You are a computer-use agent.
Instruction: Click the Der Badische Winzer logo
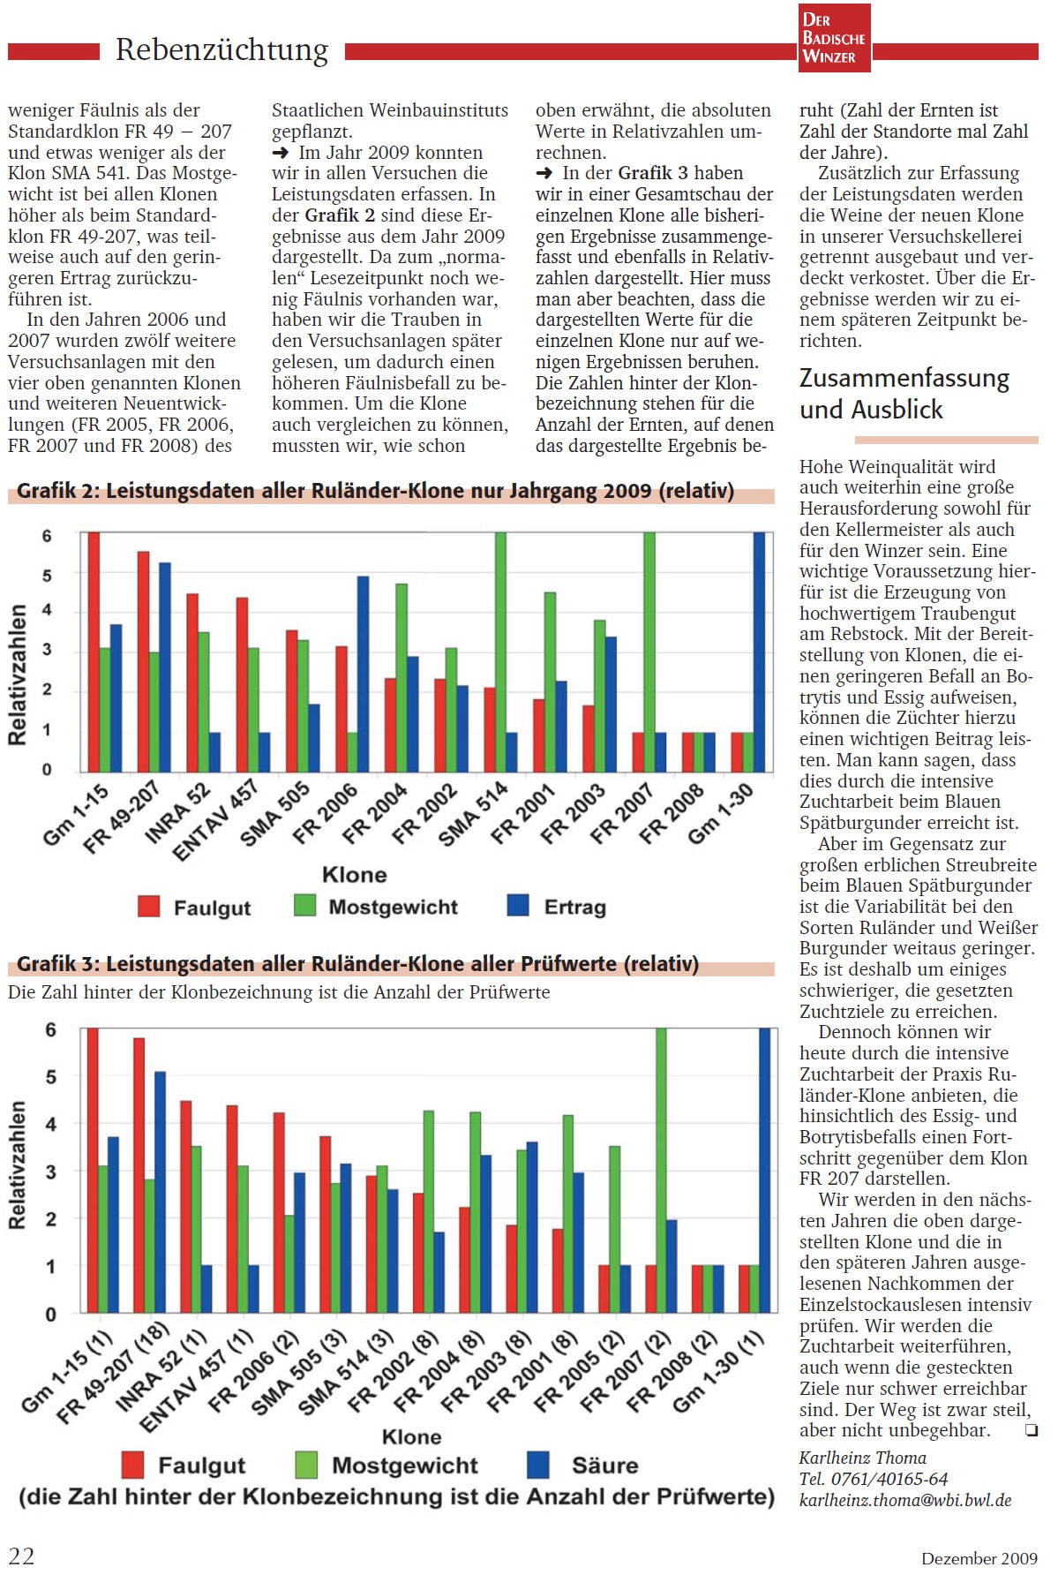click(833, 38)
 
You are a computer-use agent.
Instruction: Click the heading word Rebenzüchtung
click(221, 49)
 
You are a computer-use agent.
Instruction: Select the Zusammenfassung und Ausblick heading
click(904, 394)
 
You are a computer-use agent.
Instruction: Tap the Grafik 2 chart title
click(375, 491)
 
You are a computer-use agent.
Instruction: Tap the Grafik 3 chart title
click(357, 964)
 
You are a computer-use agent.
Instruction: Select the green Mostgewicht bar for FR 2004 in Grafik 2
click(401, 677)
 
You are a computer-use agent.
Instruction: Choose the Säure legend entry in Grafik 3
click(584, 1466)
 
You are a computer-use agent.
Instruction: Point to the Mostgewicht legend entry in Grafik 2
click(376, 907)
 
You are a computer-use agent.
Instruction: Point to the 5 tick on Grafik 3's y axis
click(50, 1077)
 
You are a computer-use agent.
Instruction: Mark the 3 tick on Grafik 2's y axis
click(47, 650)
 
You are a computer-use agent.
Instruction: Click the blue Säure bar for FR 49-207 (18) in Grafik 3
click(160, 1192)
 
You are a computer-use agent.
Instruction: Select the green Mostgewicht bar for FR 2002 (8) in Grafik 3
click(429, 1211)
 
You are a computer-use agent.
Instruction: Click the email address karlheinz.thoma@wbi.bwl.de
click(905, 1500)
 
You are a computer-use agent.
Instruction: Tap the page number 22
click(21, 1556)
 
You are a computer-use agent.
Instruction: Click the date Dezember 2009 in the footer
click(979, 1558)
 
